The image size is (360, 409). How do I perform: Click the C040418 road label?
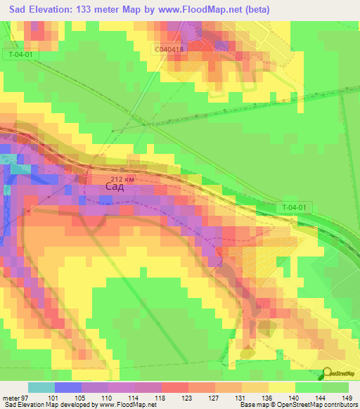tap(169, 48)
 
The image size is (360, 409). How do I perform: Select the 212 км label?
tap(122, 178)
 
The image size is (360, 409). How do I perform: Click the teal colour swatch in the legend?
tap(41, 387)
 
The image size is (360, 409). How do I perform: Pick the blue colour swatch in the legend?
tap(67, 387)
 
